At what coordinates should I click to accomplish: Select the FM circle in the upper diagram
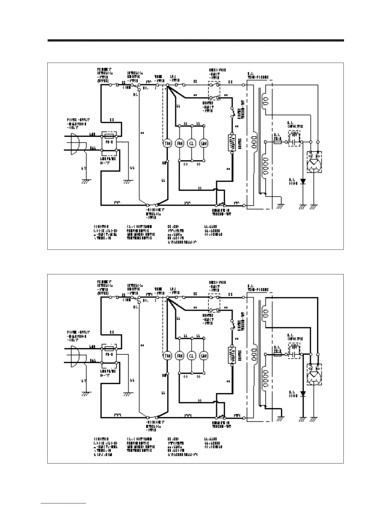coord(180,144)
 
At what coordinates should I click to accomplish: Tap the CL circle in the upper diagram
coord(191,144)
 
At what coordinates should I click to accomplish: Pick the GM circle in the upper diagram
coord(203,144)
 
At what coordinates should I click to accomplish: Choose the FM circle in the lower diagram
coord(180,356)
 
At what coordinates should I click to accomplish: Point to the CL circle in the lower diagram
coord(191,356)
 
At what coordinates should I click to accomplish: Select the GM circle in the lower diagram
coord(203,356)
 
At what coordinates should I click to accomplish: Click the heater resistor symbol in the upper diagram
coord(231,143)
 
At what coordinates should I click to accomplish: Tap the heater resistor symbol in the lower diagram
coord(231,355)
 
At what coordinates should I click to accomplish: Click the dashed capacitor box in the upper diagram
coord(294,138)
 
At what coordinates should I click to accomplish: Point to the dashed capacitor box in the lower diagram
coord(294,351)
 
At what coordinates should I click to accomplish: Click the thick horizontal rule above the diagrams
coord(195,41)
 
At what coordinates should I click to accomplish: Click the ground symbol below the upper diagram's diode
coord(303,207)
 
